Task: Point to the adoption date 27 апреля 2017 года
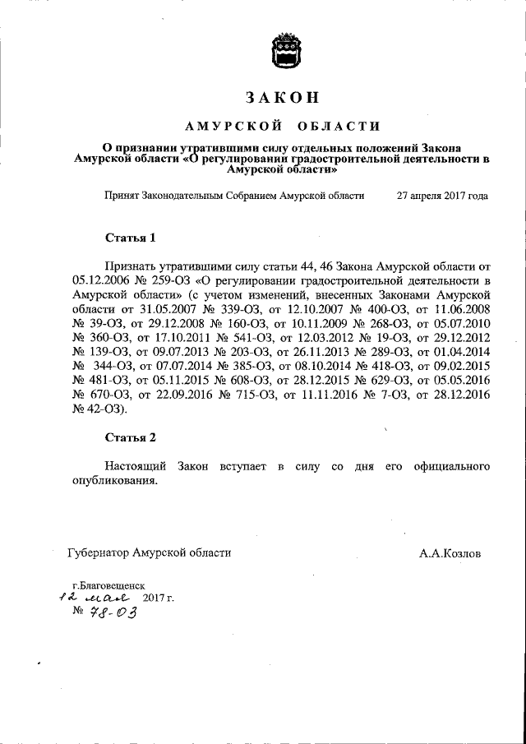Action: (x=442, y=196)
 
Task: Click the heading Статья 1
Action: (x=131, y=239)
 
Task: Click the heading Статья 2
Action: (x=131, y=437)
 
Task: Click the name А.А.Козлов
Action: (x=450, y=553)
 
